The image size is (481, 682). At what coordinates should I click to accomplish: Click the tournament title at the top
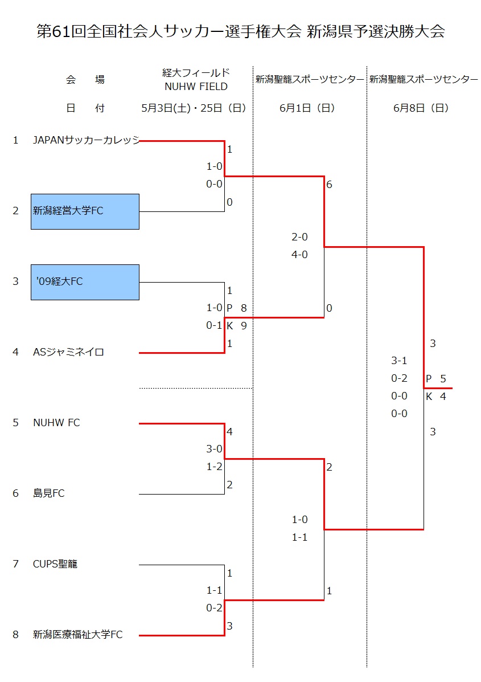240,31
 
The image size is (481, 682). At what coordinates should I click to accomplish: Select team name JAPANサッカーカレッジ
86,140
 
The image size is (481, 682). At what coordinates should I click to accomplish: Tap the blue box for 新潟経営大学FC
85,211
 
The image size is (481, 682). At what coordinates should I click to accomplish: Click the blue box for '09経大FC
85,282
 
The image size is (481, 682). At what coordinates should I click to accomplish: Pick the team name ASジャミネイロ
69,352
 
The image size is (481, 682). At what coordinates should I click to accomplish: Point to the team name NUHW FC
56,423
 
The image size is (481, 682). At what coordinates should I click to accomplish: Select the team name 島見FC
49,493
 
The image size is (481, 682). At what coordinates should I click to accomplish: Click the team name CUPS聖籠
55,564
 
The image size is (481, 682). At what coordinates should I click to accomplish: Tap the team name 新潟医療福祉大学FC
78,635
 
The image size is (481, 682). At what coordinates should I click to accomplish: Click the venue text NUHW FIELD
196,87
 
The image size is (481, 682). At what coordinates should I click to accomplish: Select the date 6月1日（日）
307,108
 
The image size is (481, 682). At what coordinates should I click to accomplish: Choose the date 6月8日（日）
421,108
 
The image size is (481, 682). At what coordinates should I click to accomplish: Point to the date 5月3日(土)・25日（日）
194,108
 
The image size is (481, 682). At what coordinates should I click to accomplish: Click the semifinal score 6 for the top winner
330,185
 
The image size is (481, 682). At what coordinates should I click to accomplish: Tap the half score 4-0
299,255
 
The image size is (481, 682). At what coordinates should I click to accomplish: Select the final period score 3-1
399,361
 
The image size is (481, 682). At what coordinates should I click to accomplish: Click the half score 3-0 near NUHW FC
214,449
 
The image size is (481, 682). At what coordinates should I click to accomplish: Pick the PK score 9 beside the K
244,326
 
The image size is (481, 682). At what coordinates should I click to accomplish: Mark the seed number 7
16,564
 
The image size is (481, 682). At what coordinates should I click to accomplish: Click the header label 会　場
85,80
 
